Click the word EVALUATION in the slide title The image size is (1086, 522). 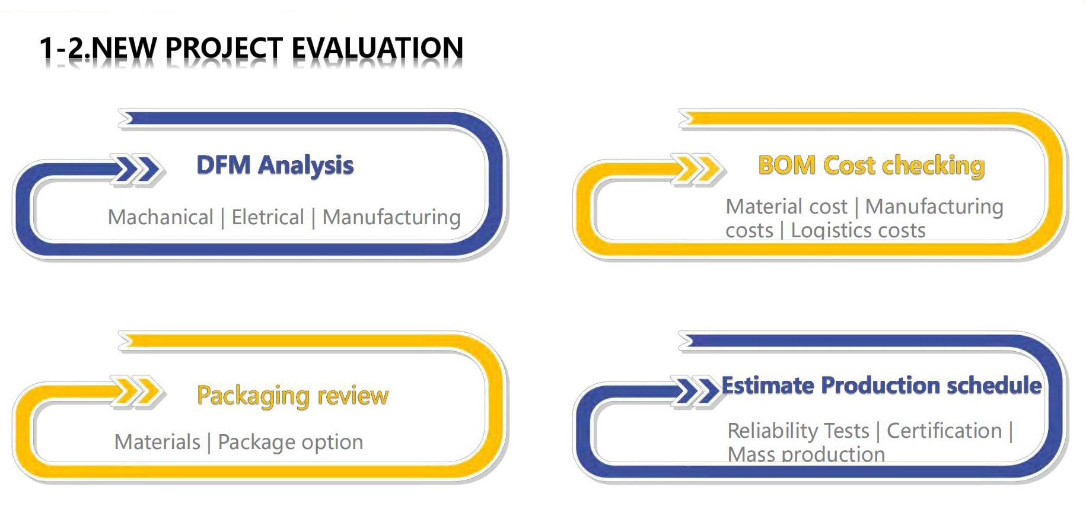tap(377, 48)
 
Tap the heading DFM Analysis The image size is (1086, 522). tap(275, 165)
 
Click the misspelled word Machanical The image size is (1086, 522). tap(160, 217)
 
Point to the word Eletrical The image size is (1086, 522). tap(267, 217)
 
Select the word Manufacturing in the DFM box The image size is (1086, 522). tap(391, 218)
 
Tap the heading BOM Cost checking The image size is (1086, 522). tap(871, 165)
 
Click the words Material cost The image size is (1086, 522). tap(786, 206)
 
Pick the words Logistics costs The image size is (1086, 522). tap(858, 230)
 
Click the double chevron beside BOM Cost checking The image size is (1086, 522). tap(698, 170)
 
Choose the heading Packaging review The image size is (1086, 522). tap(292, 396)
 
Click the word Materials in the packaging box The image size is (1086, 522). tap(157, 442)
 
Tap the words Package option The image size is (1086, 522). tap(291, 443)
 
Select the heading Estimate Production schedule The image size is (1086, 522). tap(881, 386)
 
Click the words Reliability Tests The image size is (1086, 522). tap(798, 431)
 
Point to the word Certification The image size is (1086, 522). tap(944, 431)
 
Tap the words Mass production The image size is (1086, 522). tap(806, 454)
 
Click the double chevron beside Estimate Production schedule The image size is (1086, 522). tap(697, 392)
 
